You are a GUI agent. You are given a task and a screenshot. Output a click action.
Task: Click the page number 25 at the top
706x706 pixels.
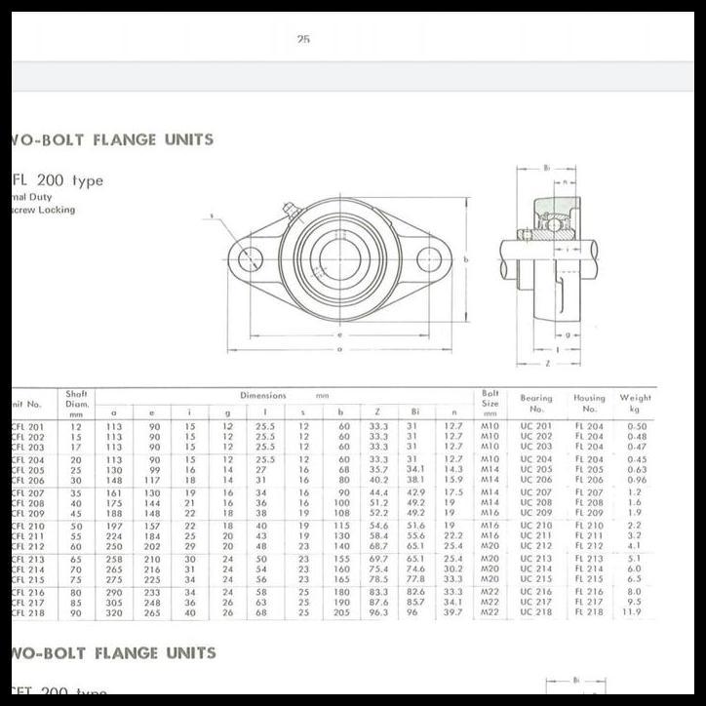coord(303,40)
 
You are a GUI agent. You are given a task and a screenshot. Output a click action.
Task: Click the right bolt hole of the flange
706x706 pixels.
coord(430,259)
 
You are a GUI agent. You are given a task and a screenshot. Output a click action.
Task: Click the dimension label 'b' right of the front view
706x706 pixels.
coord(467,259)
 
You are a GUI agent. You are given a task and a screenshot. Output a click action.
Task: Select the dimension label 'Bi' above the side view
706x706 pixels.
coord(548,168)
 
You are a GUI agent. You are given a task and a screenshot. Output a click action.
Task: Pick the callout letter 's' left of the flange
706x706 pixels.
coord(211,216)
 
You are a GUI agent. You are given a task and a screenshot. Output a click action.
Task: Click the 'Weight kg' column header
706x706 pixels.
coord(635,403)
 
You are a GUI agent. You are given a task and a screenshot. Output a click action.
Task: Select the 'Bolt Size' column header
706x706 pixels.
coord(490,398)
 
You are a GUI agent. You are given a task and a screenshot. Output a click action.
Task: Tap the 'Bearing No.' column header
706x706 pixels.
coord(535,403)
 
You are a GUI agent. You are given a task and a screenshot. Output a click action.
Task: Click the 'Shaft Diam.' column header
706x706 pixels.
coord(76,403)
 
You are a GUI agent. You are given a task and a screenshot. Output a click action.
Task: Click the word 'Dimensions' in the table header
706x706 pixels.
coord(263,396)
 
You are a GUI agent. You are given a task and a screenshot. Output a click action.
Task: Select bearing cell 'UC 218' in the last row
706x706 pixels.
coord(535,612)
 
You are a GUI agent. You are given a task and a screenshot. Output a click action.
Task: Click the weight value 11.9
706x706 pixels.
coord(636,612)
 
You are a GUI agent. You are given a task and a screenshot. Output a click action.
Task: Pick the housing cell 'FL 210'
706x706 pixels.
coord(589,526)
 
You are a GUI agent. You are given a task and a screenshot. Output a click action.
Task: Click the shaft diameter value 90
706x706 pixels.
coord(76,612)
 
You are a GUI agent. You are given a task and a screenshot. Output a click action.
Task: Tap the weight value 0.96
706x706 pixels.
coord(636,480)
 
